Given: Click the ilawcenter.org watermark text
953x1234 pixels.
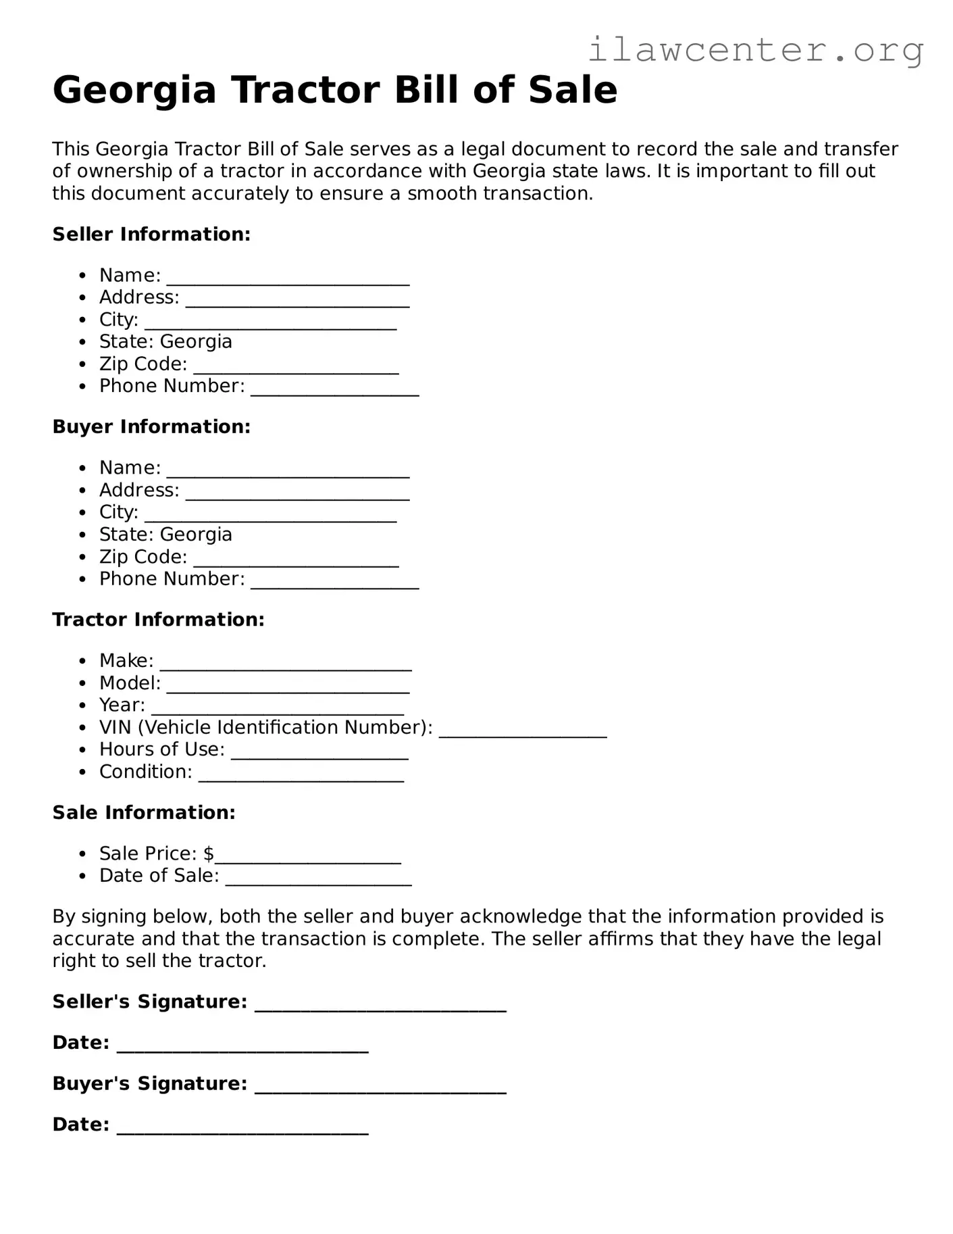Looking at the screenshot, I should click(x=755, y=49).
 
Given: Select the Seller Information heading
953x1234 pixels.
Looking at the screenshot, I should click(x=151, y=235).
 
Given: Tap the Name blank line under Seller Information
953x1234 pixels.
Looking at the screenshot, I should click(x=288, y=280).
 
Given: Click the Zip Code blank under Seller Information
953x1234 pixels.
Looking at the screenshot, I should click(x=296, y=369).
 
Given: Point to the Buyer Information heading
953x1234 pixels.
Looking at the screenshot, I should click(x=151, y=427).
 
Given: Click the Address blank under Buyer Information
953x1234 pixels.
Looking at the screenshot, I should click(x=297, y=495).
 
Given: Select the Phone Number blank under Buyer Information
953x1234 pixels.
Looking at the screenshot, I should click(x=334, y=584).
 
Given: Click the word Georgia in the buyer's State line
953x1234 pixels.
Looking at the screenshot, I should click(x=196, y=535).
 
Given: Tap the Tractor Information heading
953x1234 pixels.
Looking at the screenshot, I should click(x=158, y=620).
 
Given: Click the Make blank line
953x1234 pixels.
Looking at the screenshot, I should click(x=285, y=666).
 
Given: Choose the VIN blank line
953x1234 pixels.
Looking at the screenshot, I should click(x=523, y=733).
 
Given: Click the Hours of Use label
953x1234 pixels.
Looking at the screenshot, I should click(x=161, y=749).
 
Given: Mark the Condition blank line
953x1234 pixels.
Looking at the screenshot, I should click(x=301, y=777).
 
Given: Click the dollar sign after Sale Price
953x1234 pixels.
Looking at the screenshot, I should click(x=209, y=854).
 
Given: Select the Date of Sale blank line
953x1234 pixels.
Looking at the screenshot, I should click(x=318, y=881).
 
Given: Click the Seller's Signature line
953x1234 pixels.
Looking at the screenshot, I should click(x=380, y=1007).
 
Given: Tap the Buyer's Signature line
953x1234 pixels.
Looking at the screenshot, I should click(x=380, y=1089).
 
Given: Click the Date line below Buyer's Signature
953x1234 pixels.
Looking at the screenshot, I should click(x=242, y=1129).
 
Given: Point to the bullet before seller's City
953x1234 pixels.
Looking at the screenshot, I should click(x=82, y=320).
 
